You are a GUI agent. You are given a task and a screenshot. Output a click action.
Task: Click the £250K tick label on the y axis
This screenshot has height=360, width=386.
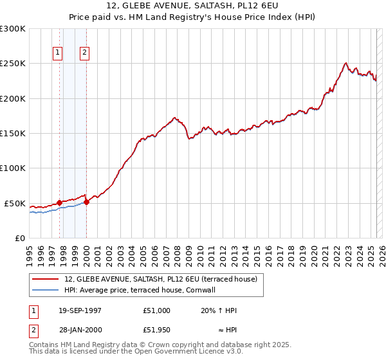pos(13,64)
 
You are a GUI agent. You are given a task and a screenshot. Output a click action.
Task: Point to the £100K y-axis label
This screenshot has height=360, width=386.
pos(13,168)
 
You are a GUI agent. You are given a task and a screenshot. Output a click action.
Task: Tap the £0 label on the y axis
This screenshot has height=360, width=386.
pos(19,238)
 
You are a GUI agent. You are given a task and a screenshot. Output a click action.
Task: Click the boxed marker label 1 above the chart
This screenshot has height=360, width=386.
pos(59,53)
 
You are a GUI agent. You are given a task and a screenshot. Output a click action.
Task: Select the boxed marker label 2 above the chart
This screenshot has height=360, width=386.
pos(85,53)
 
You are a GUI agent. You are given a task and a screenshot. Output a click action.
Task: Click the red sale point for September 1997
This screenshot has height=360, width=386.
pos(59,203)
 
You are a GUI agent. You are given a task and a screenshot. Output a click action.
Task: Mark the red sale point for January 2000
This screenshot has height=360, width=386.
pos(86,202)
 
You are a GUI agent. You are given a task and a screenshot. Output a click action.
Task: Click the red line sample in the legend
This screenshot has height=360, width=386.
pos(45,279)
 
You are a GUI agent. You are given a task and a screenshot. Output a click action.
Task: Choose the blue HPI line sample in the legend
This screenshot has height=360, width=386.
pos(45,290)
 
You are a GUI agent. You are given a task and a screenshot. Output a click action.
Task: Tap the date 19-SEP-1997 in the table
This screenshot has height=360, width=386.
pos(80,310)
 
